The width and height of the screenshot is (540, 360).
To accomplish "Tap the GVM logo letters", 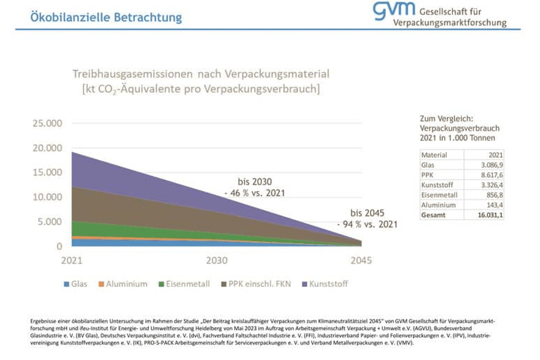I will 394,10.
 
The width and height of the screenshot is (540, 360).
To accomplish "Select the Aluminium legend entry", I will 122,284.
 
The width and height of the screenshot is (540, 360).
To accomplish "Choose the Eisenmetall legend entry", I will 184,284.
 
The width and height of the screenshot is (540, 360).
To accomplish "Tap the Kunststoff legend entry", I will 323,284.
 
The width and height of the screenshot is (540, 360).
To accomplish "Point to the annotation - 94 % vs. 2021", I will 367,224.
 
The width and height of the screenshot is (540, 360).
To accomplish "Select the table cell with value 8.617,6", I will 490,175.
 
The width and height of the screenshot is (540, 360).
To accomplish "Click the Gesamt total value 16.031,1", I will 489,214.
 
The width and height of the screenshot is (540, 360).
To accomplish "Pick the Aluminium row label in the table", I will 438,205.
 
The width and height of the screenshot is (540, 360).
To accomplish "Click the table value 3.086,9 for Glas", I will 490,165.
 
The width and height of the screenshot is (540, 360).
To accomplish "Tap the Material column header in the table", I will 434,155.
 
